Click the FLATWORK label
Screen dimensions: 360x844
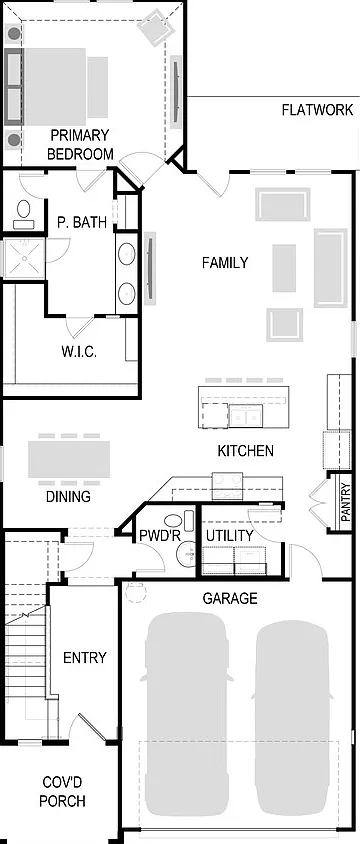coord(317,110)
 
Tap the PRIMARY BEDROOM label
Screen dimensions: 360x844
coord(80,144)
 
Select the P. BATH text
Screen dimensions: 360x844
coord(82,222)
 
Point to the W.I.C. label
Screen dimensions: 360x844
coord(79,353)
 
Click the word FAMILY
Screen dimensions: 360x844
coord(225,263)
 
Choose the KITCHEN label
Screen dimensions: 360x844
coord(245,451)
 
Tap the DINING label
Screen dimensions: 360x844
coord(68,496)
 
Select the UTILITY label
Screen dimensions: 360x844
coord(229,536)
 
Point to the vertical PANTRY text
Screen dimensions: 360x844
coord(345,502)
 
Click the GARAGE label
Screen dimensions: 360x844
coord(230,598)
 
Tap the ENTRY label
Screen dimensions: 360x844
coord(84,658)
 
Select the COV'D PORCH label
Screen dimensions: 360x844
coord(62,791)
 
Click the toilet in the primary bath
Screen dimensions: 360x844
coord(24,212)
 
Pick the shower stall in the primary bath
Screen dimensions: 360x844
coord(24,259)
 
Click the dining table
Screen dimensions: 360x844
coord(69,459)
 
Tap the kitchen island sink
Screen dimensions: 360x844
coord(245,416)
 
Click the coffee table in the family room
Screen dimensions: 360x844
coord(284,268)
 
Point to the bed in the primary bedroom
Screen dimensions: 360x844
coord(55,87)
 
